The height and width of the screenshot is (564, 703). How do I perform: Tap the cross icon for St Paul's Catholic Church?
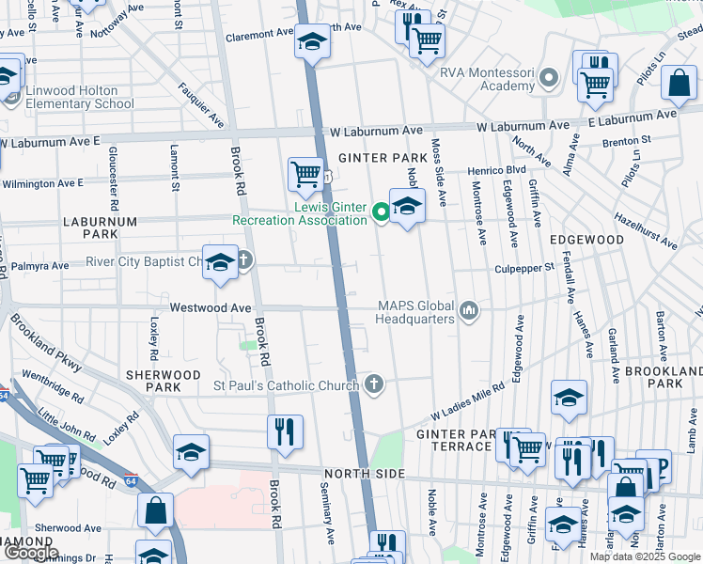[x=374, y=384]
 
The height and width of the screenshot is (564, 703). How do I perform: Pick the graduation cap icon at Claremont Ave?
[x=312, y=42]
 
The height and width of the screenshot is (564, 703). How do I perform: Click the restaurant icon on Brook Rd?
[x=285, y=431]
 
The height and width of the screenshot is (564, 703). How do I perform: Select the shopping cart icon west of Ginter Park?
[x=305, y=173]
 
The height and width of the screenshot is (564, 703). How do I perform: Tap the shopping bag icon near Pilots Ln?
[x=679, y=83]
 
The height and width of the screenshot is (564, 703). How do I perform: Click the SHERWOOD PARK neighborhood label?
[x=164, y=381]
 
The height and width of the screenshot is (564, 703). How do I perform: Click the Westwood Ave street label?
[x=211, y=307]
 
